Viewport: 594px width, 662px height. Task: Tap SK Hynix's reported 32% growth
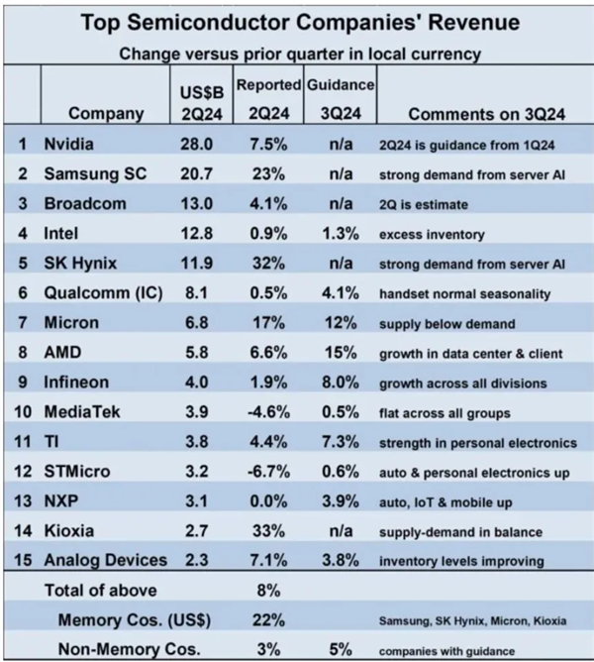click(x=267, y=265)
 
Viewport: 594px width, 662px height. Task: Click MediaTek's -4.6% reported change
click(x=267, y=411)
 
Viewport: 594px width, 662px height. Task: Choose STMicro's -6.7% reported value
click(x=267, y=471)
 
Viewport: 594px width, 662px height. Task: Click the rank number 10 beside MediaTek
click(x=23, y=411)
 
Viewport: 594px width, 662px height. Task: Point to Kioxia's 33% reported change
click(x=267, y=531)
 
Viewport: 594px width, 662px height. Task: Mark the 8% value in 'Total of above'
click(x=267, y=591)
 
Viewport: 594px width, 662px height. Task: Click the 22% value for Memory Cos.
click(x=267, y=619)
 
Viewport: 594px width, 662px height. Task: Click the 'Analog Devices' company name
click(x=105, y=561)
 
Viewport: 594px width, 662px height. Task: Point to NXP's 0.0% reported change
click(x=267, y=501)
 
